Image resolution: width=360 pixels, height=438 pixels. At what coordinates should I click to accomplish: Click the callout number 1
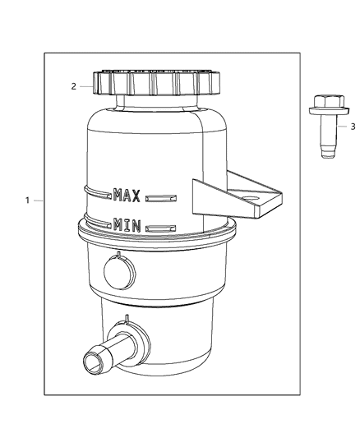27,200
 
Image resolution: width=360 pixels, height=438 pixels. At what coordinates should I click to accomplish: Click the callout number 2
73,85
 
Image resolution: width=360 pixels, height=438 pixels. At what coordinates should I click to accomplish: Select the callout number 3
353,127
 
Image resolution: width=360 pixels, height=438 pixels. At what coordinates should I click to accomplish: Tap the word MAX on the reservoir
127,195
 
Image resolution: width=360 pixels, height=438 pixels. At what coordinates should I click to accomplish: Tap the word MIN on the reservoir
127,223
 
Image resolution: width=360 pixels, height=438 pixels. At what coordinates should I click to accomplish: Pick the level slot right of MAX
161,196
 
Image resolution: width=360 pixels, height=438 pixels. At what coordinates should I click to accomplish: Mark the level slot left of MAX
99,195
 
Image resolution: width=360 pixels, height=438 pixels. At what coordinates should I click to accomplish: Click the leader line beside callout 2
86,85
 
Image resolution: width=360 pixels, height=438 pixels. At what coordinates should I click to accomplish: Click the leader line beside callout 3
341,127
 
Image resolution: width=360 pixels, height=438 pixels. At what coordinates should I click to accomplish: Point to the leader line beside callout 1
38,200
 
